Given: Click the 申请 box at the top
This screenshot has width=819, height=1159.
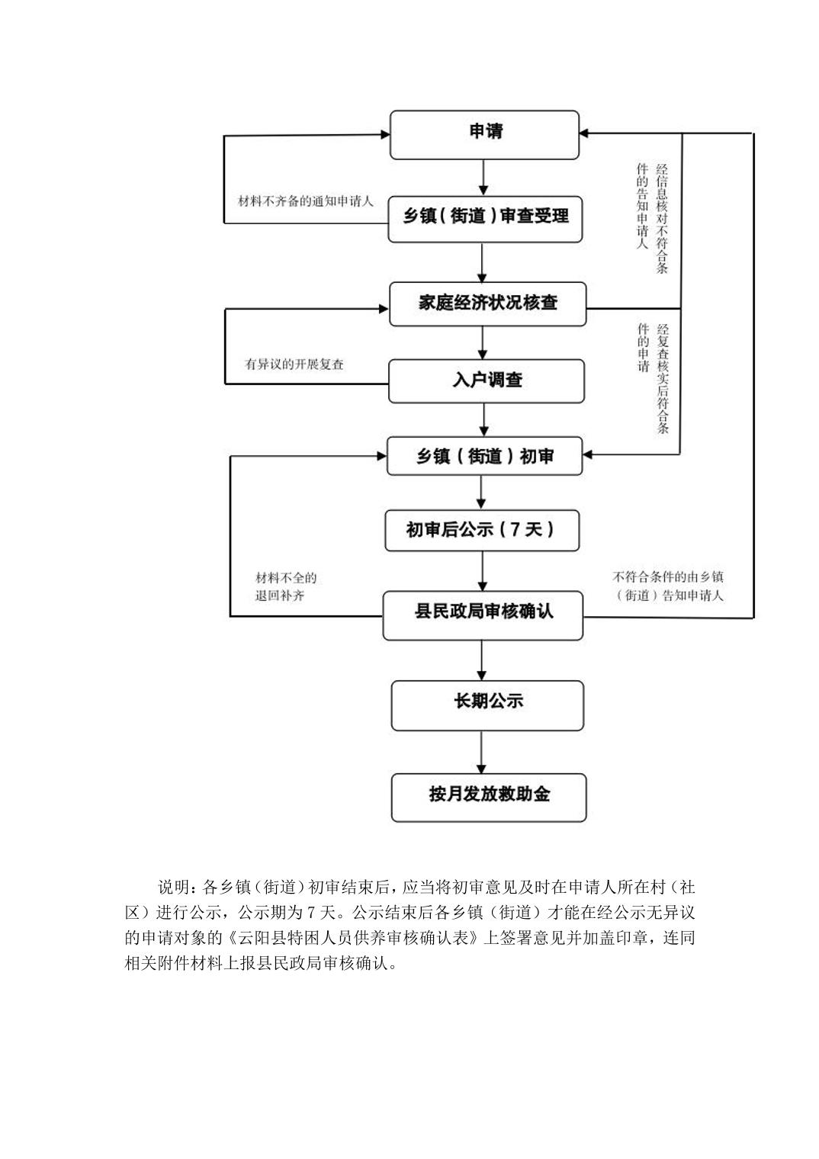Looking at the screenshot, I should (x=484, y=134).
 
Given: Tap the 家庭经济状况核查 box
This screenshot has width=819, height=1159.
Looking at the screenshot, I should (x=487, y=303).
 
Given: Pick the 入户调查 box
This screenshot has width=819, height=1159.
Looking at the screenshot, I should (x=486, y=380).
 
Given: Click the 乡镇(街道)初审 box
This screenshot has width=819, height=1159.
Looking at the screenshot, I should (x=484, y=456).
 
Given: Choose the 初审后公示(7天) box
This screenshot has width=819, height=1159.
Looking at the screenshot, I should (x=481, y=529).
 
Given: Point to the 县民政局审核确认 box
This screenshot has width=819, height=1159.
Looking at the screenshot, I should (x=483, y=614).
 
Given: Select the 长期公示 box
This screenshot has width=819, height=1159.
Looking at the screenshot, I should (x=487, y=705).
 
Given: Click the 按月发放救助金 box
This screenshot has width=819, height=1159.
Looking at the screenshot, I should (x=488, y=797).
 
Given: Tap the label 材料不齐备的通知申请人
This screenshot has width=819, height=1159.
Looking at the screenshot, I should (x=305, y=202).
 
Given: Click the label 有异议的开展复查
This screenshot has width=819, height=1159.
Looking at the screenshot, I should (x=294, y=364).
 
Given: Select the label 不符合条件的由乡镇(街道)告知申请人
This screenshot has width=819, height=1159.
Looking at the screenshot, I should (x=668, y=586).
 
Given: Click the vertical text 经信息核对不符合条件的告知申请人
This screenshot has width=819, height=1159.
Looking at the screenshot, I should (x=652, y=217).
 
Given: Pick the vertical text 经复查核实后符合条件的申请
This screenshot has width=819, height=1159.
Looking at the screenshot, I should (x=652, y=377).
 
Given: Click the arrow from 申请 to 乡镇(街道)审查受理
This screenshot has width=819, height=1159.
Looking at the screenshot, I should (x=483, y=178).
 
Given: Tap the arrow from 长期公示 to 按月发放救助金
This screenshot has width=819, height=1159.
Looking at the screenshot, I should (x=481, y=753).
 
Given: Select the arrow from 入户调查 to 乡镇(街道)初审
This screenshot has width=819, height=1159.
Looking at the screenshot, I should (x=483, y=419).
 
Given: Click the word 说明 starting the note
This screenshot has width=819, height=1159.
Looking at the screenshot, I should (x=173, y=888).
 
